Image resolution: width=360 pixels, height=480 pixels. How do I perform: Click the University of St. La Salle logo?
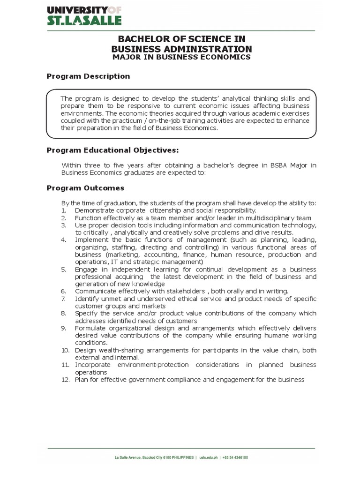coord(84,15)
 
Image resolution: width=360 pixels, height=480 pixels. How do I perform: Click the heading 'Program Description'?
coord(88,76)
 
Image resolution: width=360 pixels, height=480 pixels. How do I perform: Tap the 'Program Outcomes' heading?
coord(85,188)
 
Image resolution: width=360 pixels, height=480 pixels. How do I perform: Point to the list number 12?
coord(65,379)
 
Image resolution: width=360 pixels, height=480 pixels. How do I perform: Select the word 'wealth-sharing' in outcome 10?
coord(120,350)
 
